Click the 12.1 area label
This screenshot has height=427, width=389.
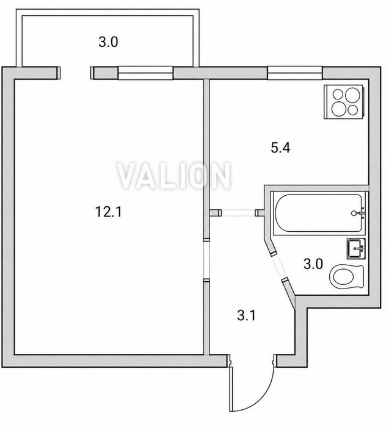point(108,212)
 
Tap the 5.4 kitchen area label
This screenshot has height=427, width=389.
point(280,148)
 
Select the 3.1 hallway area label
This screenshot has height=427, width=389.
point(247,315)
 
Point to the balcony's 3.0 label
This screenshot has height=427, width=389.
point(108,42)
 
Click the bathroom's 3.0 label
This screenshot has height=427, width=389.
point(313,264)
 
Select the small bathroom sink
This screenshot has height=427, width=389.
point(356,248)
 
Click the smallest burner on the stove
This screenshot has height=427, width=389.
point(353,110)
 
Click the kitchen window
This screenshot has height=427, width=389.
point(295,73)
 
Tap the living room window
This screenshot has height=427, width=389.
point(145,73)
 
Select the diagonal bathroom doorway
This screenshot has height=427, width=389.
point(279,267)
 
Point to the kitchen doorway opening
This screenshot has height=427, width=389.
point(238,212)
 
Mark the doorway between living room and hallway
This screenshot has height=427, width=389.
point(206,259)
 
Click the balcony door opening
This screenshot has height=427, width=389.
point(75,73)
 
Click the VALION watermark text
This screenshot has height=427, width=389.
point(174,176)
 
